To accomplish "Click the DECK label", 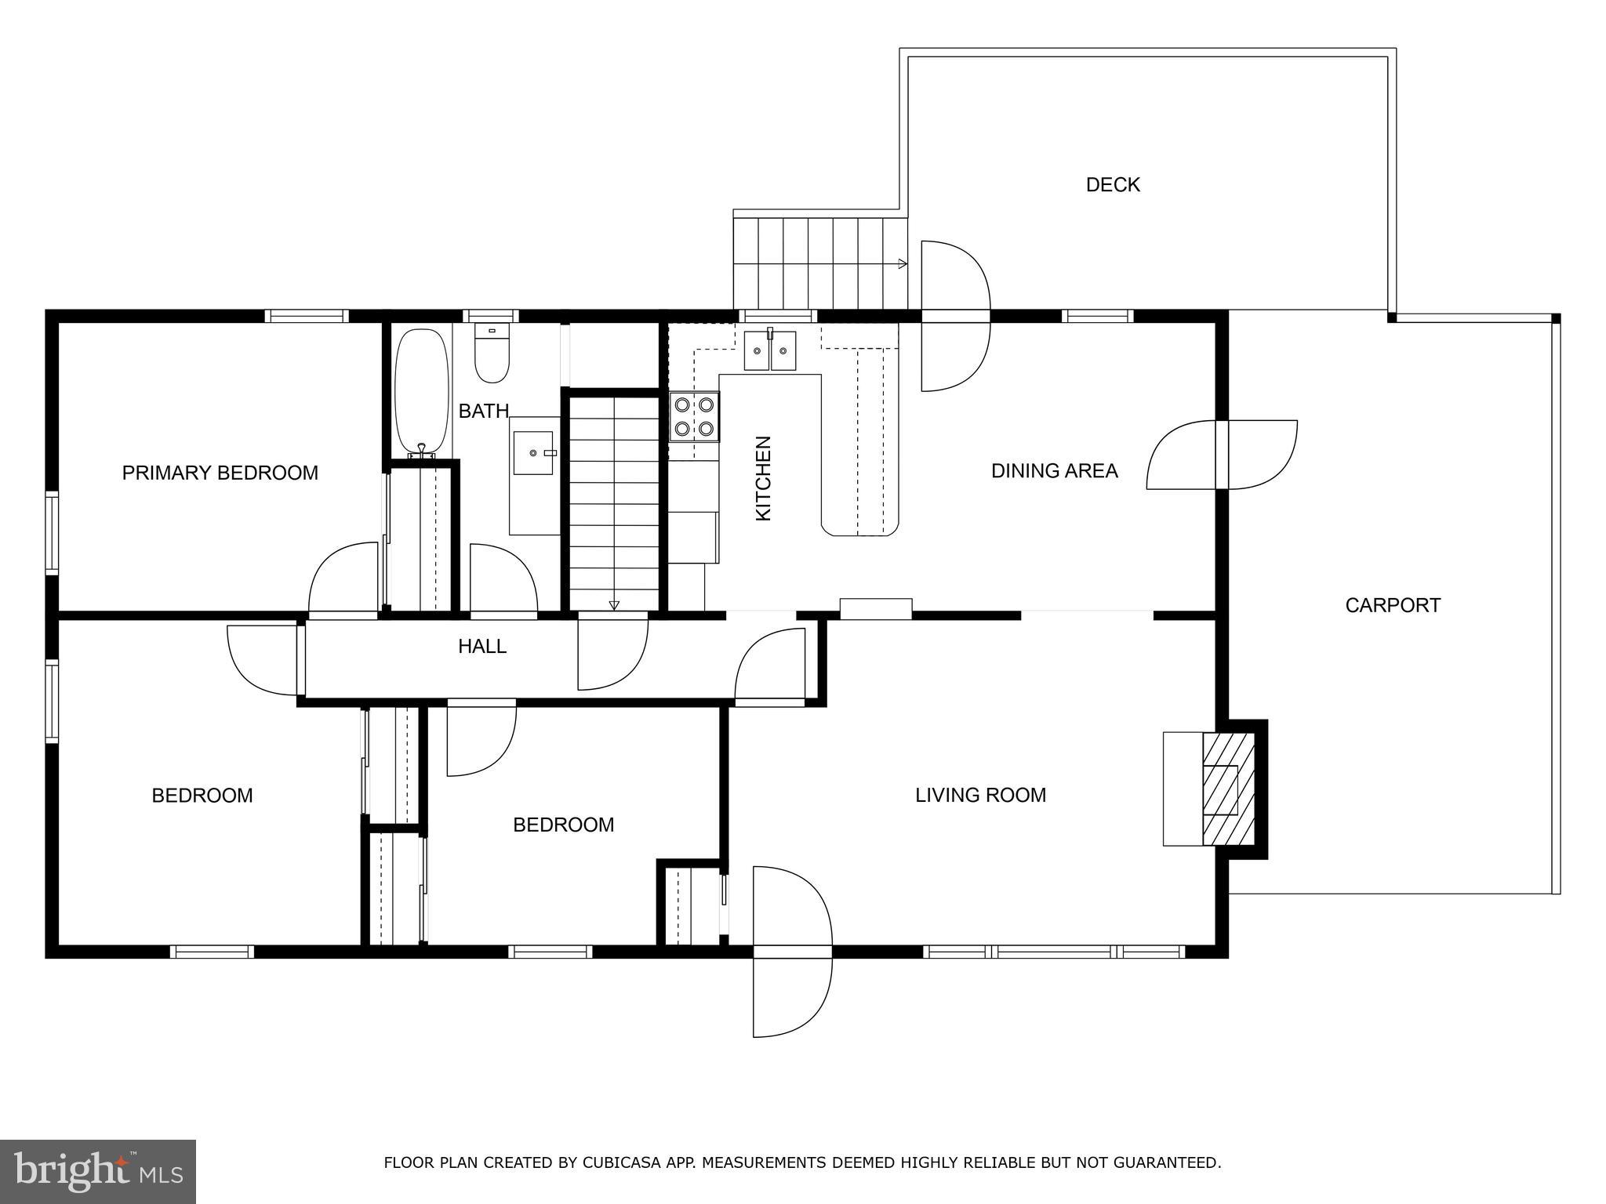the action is (1113, 185).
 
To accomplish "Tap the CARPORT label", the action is (1393, 605).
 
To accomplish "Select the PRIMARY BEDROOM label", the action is (220, 473).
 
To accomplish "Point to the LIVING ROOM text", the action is (980, 795).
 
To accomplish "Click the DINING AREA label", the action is (1054, 470).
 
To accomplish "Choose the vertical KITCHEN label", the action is (763, 478).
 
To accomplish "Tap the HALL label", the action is (482, 646).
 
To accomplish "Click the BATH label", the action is (484, 411).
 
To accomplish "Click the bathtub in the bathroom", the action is (421, 393).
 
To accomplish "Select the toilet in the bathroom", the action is (492, 353).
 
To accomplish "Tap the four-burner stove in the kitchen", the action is (694, 416).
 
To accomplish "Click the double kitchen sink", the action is (770, 350).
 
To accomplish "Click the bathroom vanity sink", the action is (533, 452).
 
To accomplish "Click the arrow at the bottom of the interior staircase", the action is (614, 604).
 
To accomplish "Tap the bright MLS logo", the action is (98, 1171).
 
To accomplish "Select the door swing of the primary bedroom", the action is (343, 577).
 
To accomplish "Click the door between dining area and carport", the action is (1222, 455).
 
